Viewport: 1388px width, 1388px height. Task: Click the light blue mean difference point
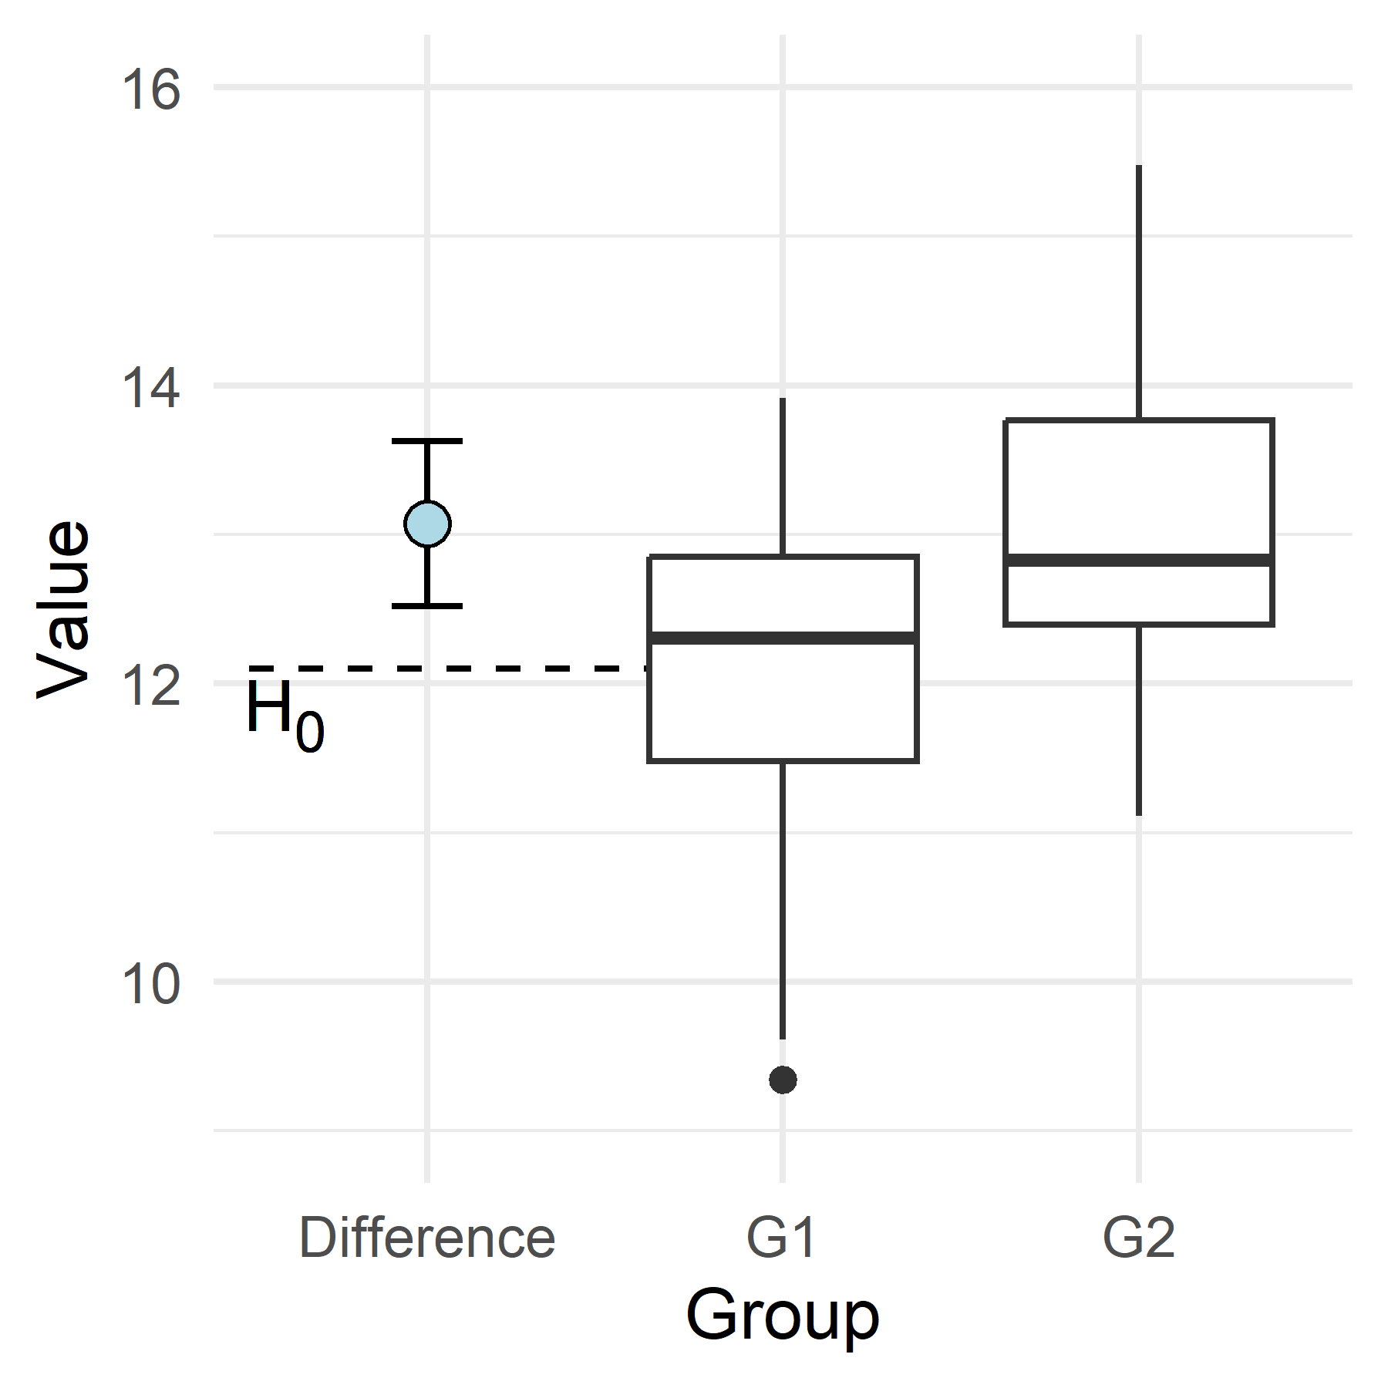coord(427,524)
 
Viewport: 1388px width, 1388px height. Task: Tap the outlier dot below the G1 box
coord(783,1080)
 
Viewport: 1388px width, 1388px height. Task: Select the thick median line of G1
coord(783,638)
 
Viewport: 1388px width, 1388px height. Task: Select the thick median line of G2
coord(1138,560)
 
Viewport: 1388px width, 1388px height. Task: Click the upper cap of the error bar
coord(427,441)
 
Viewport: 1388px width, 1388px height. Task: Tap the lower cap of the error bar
coord(427,606)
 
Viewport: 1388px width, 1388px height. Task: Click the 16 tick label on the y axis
coord(150,90)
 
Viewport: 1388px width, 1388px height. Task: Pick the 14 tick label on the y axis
coord(150,388)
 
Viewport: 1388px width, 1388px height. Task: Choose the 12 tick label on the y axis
coord(150,686)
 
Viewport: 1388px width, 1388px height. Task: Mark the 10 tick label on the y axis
coord(150,984)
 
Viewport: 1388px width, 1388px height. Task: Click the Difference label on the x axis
coord(427,1238)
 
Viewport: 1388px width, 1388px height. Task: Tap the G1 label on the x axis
coord(781,1238)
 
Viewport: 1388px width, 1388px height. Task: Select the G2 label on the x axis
coord(1138,1238)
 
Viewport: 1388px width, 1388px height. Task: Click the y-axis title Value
coord(63,609)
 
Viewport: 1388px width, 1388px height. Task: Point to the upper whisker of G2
coord(1138,293)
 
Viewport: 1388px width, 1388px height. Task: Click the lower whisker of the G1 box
coord(783,898)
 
